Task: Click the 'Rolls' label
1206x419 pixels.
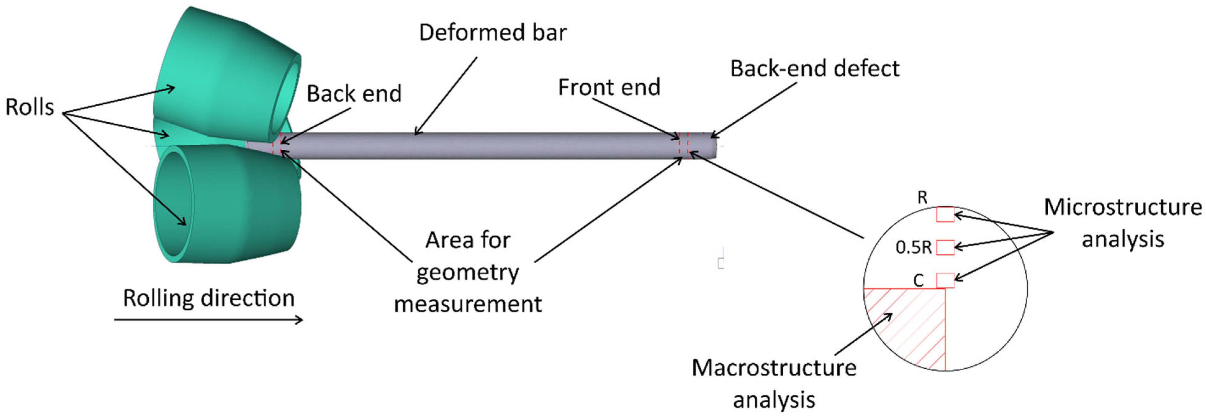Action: click(x=29, y=107)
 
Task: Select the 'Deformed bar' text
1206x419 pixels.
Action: click(x=493, y=33)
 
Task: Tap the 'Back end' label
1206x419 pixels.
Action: click(x=354, y=94)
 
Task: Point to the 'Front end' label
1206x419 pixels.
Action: click(x=609, y=88)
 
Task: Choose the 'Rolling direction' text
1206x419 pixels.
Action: click(x=209, y=298)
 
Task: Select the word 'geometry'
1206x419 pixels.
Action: click(x=468, y=272)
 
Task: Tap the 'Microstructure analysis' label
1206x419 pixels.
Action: click(x=1123, y=223)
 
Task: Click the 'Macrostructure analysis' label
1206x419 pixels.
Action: click(x=774, y=383)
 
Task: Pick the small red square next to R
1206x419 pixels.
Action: click(x=945, y=215)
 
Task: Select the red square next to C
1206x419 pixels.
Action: click(x=945, y=280)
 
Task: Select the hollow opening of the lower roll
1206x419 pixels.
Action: click(x=174, y=202)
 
